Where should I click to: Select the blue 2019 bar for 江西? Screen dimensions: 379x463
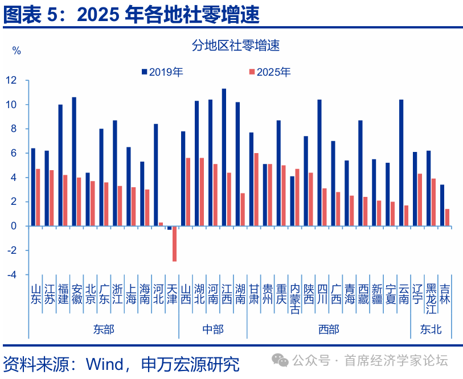[x=224, y=158]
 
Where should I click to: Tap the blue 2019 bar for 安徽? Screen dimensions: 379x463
[x=74, y=162]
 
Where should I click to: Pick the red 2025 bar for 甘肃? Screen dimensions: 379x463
[x=256, y=189]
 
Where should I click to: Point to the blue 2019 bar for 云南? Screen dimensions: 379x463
[x=401, y=163]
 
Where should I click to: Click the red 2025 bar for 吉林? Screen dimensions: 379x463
[x=447, y=217]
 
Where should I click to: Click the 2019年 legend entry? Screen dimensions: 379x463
[x=162, y=72]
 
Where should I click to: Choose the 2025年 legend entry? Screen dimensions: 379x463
[x=270, y=72]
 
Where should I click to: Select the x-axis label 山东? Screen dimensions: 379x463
[x=36, y=294]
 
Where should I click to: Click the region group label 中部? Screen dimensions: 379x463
[x=212, y=329]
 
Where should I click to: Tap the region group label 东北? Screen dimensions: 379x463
[x=431, y=329]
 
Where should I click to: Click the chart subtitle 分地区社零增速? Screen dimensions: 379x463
[x=235, y=46]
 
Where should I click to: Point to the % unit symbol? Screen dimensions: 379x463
[x=17, y=51]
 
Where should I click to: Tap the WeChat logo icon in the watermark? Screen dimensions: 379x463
[x=280, y=360]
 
